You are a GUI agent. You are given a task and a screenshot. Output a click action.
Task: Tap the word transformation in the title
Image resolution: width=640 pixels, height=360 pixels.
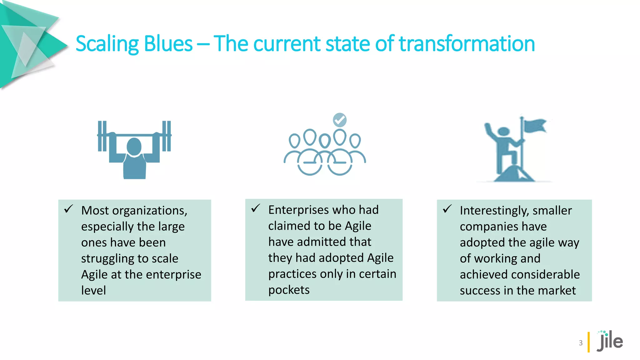click(467, 44)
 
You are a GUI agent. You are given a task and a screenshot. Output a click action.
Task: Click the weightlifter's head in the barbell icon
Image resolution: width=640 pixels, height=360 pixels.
click(134, 146)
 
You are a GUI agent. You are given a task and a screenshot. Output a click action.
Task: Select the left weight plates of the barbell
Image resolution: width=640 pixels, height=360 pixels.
click(102, 136)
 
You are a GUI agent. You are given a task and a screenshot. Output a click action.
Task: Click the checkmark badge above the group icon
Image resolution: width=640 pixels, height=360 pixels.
click(340, 120)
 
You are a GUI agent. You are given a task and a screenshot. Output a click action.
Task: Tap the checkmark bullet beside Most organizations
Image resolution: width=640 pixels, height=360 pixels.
click(68, 209)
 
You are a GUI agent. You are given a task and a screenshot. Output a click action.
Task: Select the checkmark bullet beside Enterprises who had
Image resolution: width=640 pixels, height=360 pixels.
click(256, 208)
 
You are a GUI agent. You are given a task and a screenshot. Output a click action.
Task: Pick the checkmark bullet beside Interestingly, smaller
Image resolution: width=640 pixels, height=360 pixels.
click(447, 209)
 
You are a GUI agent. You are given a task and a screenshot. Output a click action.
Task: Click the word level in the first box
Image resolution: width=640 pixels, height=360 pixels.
click(93, 291)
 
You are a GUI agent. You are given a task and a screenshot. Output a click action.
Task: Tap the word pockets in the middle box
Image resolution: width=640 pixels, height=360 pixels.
click(289, 290)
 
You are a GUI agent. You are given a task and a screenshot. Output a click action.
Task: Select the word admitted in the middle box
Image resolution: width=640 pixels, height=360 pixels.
click(322, 242)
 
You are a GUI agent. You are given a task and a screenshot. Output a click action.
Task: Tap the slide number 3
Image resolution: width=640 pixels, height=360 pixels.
click(581, 343)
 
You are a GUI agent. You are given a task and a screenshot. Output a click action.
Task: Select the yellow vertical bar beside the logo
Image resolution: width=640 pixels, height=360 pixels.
click(589, 342)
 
